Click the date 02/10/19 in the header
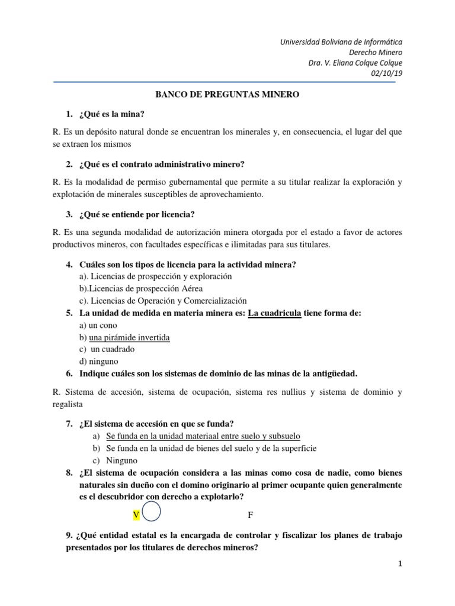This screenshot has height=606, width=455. (x=386, y=73)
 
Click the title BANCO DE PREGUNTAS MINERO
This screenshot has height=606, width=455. (x=227, y=94)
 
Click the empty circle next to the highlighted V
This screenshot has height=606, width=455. (x=151, y=514)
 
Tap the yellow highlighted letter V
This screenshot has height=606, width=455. (x=136, y=515)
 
